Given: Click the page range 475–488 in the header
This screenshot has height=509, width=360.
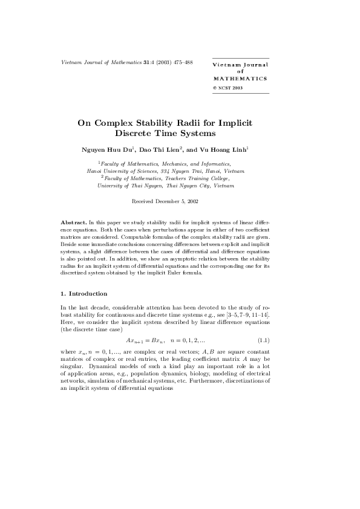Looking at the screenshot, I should (x=181, y=62).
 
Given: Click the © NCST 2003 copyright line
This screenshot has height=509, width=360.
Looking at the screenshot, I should (x=228, y=88).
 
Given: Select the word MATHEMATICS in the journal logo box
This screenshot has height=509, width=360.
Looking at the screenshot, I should (x=240, y=79).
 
